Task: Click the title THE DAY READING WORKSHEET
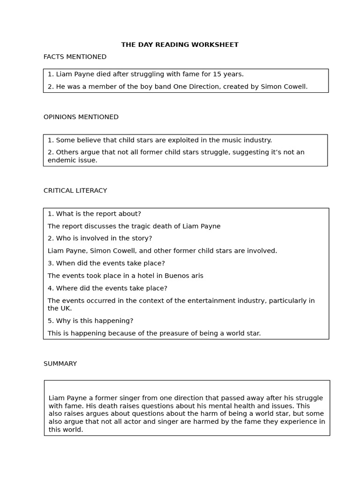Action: pos(180,45)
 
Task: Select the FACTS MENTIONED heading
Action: pos(75,57)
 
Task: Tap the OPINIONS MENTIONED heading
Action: pos(81,117)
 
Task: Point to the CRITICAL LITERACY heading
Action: pos(75,191)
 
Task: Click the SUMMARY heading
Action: pos(60,364)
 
